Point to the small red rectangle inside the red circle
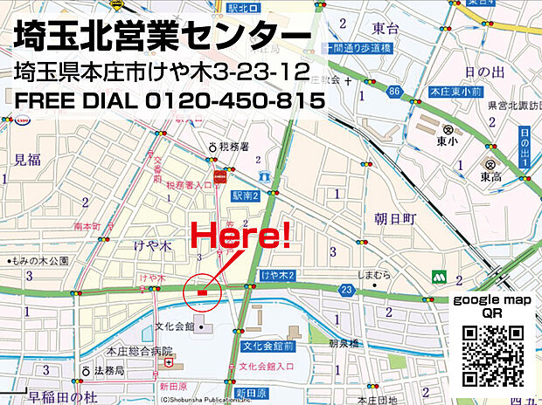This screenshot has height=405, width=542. [202, 292]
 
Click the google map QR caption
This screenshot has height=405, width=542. [491, 306]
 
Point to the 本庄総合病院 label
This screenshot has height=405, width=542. [139, 351]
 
